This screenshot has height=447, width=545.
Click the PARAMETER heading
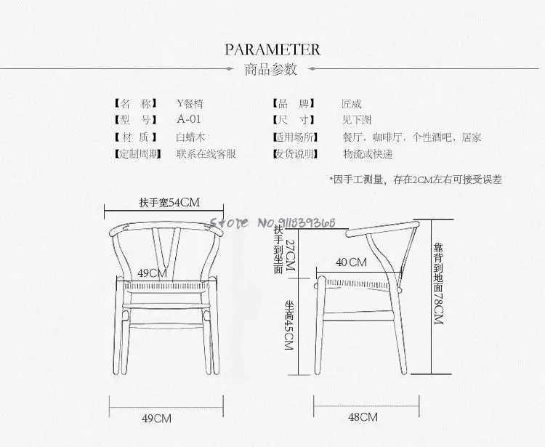coord(272,49)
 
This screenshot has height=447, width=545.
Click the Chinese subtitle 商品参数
coord(272,70)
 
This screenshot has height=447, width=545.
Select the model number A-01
coord(188,119)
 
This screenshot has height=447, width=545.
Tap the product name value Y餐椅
coord(190,103)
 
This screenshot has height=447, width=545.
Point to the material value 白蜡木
coord(191,137)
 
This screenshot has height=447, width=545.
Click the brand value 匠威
coord(352,103)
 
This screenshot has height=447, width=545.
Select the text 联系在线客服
coord(206,153)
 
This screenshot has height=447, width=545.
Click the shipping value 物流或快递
coord(368,153)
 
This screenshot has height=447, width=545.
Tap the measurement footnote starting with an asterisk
coord(415,179)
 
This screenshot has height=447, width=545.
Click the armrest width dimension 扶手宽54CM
coord(169,202)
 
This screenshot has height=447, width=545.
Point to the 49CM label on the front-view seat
coord(153,273)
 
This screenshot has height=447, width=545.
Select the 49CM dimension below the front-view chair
coord(156,418)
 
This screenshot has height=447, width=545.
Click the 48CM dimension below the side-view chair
coord(363,417)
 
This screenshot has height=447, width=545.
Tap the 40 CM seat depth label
coord(352,262)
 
